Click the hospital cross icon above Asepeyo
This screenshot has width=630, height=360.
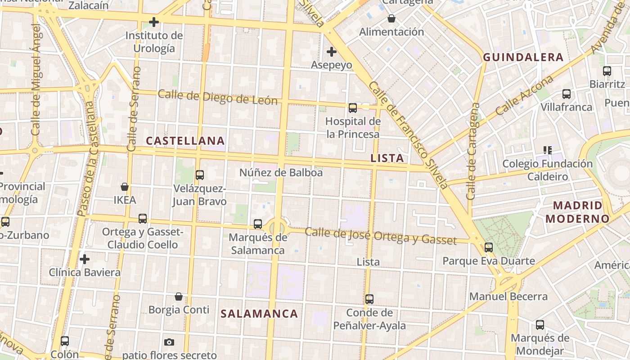(x=332, y=52)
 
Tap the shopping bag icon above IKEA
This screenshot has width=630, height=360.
(x=125, y=186)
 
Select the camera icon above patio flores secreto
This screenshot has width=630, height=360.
(x=169, y=342)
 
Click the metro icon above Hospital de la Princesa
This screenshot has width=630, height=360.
(x=353, y=108)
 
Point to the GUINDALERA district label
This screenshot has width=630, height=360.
(x=523, y=57)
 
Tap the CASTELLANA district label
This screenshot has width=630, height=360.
(x=185, y=141)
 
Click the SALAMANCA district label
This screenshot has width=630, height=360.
(x=259, y=314)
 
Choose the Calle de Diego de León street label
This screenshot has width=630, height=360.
(x=218, y=97)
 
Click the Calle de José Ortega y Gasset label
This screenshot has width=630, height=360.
(x=381, y=236)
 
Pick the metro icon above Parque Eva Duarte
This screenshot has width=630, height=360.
(x=489, y=247)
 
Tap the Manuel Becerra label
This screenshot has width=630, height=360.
(x=508, y=297)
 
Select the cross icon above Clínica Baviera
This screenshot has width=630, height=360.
(x=85, y=259)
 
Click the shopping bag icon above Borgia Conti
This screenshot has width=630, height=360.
(x=179, y=297)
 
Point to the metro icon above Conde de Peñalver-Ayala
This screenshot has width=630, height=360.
(x=369, y=299)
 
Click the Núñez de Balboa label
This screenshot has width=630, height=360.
(x=281, y=172)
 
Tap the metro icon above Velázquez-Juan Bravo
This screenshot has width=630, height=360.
(x=200, y=175)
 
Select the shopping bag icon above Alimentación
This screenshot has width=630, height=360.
(x=391, y=18)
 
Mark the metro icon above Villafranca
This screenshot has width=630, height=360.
(x=567, y=94)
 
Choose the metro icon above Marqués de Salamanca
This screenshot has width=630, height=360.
(x=258, y=224)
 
